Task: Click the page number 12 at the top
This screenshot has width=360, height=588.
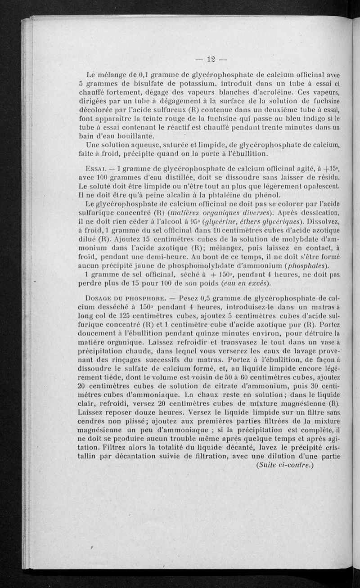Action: tap(210, 58)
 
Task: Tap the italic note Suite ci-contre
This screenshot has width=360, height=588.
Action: tap(284, 465)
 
